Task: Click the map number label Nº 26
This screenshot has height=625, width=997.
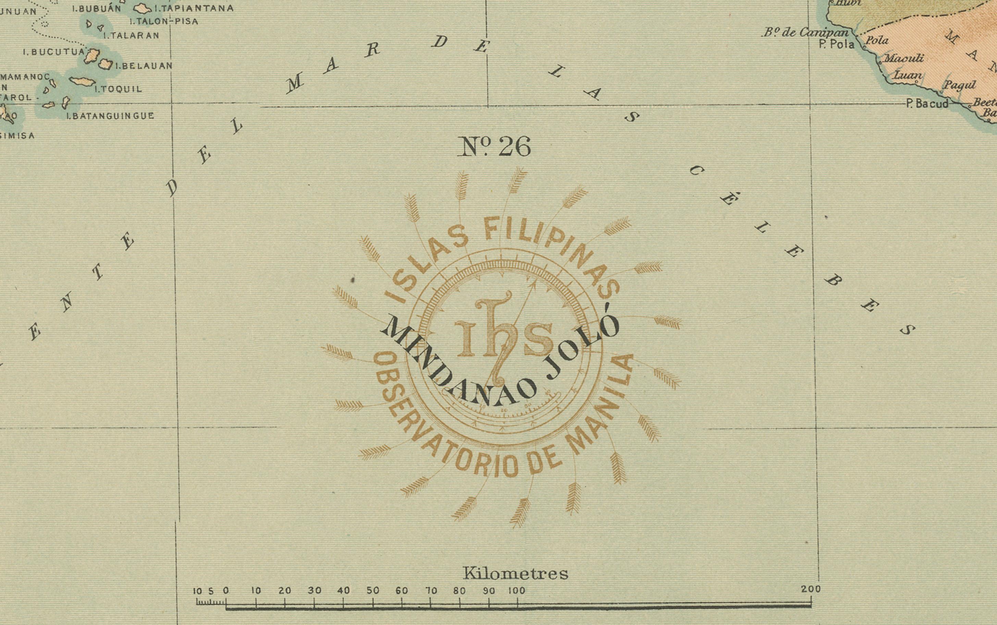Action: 494,147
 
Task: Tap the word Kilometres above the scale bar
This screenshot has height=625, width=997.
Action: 515,573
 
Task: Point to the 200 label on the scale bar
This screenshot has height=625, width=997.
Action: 811,589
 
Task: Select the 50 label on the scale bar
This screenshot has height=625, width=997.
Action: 373,591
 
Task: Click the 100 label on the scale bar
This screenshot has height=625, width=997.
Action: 516,591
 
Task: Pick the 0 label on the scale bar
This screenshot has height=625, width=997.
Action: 225,591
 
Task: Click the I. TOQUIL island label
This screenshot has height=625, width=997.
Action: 119,89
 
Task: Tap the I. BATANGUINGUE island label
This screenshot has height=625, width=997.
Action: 110,116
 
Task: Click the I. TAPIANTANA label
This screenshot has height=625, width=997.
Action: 194,8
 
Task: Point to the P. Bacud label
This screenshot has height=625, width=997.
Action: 927,103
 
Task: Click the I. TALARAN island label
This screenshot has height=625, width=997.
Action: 131,36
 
